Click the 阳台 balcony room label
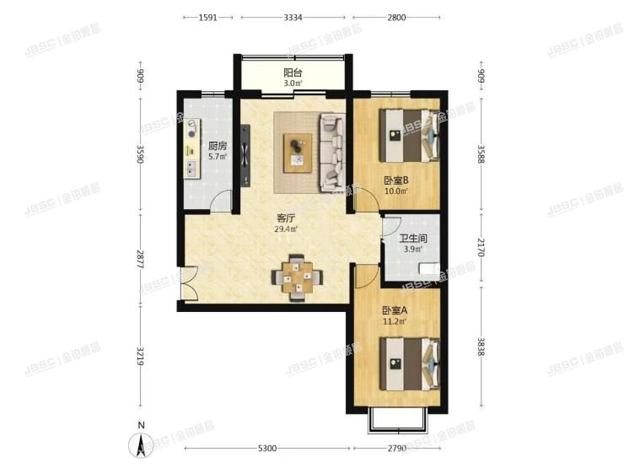click(293, 72)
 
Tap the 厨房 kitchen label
click(217, 145)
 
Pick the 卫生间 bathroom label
click(414, 239)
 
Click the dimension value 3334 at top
click(294, 17)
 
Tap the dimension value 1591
click(209, 17)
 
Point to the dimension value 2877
click(141, 257)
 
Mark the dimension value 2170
click(481, 249)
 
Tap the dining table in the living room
click(296, 276)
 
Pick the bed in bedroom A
click(411, 363)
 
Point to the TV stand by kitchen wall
click(245, 155)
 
